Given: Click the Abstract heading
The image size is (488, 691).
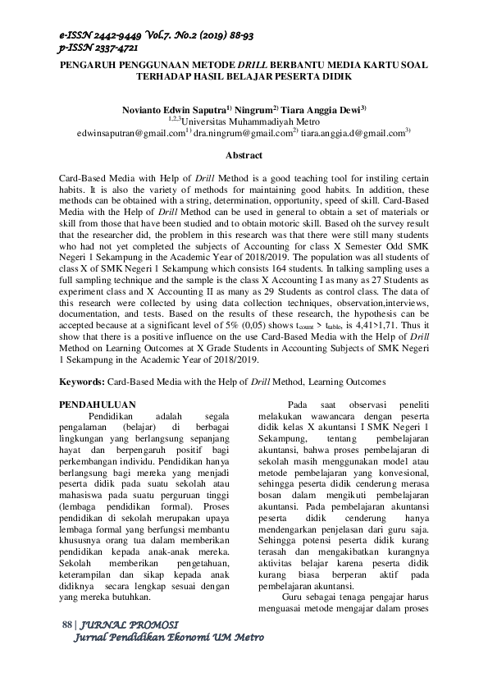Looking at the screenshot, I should click(244, 154).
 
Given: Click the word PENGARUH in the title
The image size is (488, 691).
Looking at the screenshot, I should click(93, 65).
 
